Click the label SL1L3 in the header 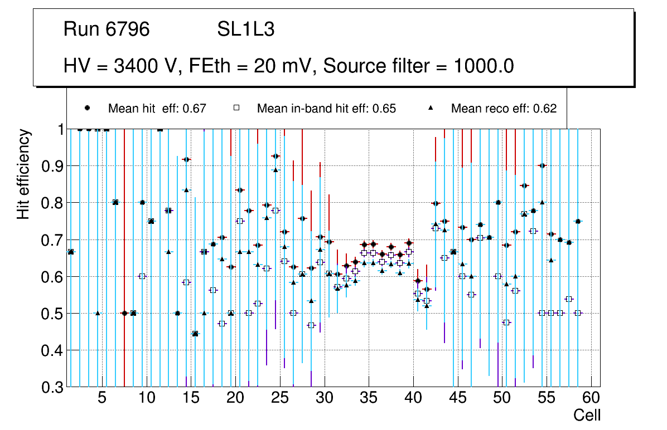coord(246,30)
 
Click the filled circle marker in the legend coord(88,108)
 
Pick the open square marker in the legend coord(236,108)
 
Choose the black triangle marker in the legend coord(431,108)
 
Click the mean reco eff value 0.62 coord(545,109)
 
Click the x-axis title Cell coord(587,415)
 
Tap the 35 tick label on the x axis coord(369,399)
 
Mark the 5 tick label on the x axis coord(102,399)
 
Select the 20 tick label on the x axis coord(235,399)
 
